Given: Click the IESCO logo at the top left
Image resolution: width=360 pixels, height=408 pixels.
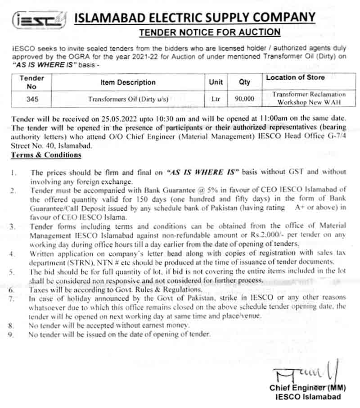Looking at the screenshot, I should [x=38, y=19].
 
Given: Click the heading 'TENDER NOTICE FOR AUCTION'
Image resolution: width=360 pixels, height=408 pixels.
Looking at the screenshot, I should [x=210, y=32].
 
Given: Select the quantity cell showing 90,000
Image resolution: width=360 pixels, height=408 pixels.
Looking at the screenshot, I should [x=244, y=99].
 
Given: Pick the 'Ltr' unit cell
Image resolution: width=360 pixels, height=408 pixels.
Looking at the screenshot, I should [x=216, y=99].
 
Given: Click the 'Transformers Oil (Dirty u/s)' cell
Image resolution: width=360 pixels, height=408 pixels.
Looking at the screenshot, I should [x=128, y=99].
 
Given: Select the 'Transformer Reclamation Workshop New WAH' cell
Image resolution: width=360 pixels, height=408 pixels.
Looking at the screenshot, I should [x=309, y=99].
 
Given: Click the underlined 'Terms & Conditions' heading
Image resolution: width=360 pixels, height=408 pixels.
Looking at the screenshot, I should [x=45, y=155].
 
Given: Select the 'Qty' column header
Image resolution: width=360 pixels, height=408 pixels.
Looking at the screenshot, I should [x=245, y=82].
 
